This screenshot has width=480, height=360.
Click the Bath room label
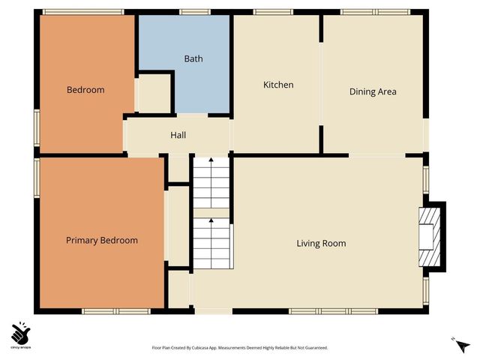(193, 58)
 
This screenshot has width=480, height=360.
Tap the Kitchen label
(277, 85)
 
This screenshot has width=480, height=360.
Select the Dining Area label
(373, 91)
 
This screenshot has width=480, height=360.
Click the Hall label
(178, 135)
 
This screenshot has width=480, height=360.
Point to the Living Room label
(321, 243)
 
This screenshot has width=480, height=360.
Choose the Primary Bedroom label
(102, 240)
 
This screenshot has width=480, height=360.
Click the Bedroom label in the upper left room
(85, 89)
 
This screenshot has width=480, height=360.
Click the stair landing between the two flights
(211, 213)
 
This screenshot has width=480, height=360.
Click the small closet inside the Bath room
(155, 93)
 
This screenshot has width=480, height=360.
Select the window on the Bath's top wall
(194, 12)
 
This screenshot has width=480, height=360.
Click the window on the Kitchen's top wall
(268, 12)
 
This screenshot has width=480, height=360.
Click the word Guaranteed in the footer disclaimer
(313, 348)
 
